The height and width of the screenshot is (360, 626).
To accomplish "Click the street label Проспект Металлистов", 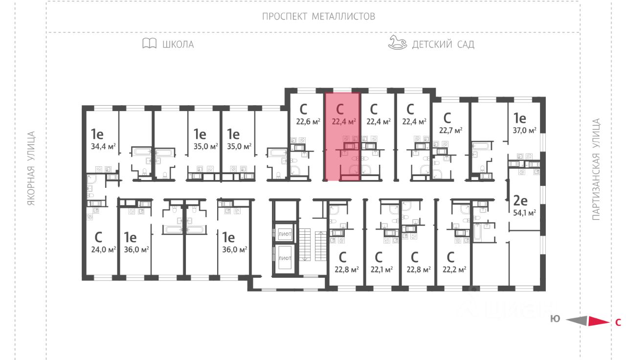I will (318, 16).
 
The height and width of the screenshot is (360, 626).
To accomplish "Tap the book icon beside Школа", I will (149, 44).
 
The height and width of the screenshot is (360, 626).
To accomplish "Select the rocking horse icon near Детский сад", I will (397, 43).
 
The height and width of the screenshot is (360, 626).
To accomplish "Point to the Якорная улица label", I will (32, 168).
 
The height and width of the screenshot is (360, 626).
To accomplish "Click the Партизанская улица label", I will (596, 169).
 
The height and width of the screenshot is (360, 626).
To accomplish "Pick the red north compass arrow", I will (598, 321).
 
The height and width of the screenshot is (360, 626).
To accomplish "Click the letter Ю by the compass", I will (555, 319).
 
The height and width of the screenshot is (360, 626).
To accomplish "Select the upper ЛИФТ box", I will (285, 234).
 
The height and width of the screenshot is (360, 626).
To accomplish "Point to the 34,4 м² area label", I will (103, 146).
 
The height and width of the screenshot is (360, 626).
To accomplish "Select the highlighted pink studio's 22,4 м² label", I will (343, 121).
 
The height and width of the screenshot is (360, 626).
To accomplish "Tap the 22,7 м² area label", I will (450, 130).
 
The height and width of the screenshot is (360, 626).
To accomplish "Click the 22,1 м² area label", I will (382, 269).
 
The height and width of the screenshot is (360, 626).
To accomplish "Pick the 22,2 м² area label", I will (454, 269).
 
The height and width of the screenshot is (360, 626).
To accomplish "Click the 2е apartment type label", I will (519, 200).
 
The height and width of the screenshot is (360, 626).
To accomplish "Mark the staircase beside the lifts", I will (307, 248).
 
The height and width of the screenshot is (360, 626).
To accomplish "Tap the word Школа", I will (178, 45).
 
